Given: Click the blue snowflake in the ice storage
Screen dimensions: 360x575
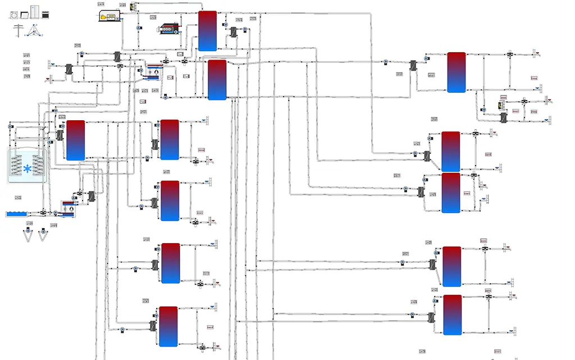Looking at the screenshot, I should click(x=27, y=168).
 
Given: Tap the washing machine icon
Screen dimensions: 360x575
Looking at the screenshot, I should click(x=15, y=16).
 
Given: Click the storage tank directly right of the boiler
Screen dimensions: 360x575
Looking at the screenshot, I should click(x=207, y=30).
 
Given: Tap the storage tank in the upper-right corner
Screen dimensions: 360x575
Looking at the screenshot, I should click(x=457, y=72).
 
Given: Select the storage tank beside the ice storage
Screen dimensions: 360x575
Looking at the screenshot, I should click(x=75, y=140).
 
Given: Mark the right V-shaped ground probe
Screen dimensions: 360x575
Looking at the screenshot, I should click(x=43, y=236).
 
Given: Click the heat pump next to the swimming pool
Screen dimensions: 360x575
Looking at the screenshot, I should click(x=69, y=208).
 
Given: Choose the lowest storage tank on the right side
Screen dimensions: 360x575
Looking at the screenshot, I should click(x=452, y=315).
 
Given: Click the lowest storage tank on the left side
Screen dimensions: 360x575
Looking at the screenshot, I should click(x=168, y=326).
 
